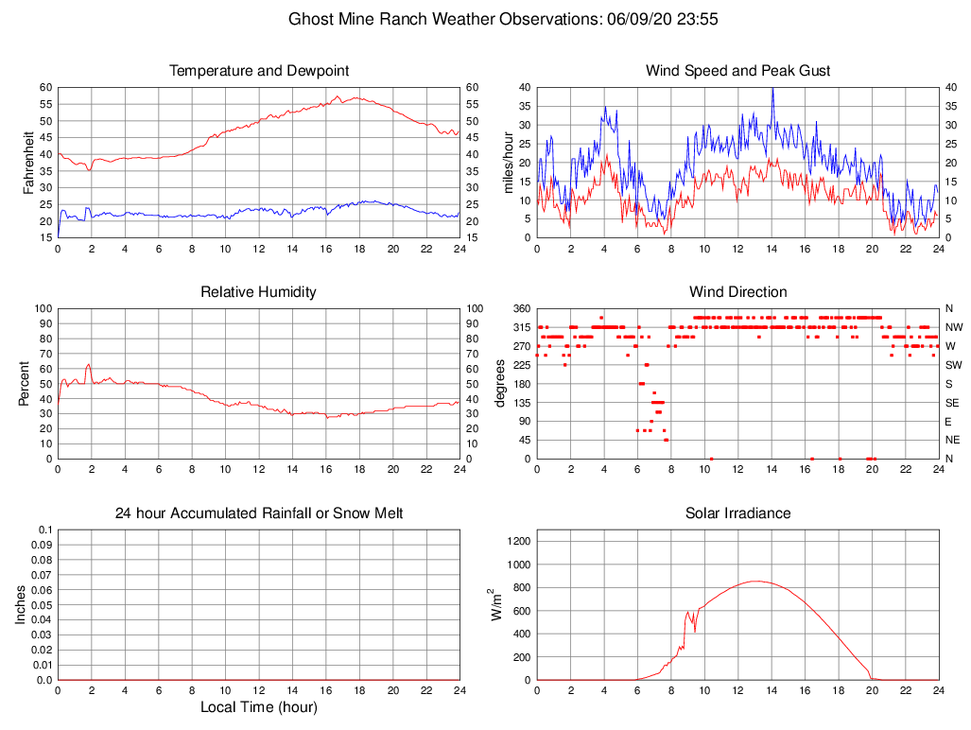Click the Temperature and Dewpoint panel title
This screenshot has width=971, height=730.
pyautogui.click(x=259, y=71)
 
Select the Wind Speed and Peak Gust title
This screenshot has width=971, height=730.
pyautogui.click(x=738, y=71)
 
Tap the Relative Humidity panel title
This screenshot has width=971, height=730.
pyautogui.click(x=259, y=292)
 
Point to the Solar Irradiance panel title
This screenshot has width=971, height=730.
pyautogui.click(x=738, y=513)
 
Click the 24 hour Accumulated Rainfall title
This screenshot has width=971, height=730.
pyautogui.click(x=259, y=513)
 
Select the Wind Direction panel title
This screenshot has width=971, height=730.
pyautogui.click(x=738, y=292)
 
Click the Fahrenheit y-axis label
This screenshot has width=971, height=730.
pyautogui.click(x=28, y=162)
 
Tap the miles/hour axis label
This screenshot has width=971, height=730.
pyautogui.click(x=509, y=162)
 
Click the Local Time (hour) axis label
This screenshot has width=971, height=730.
pyautogui.click(x=259, y=707)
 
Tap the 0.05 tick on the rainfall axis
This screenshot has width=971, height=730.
pyautogui.click(x=43, y=605)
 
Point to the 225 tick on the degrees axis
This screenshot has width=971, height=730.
pyautogui.click(x=519, y=365)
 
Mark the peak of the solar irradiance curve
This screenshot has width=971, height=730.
pyautogui.click(x=756, y=582)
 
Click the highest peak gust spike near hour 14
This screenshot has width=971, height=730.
pyautogui.click(x=772, y=88)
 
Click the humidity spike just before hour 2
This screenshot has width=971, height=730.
pyautogui.click(x=88, y=364)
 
